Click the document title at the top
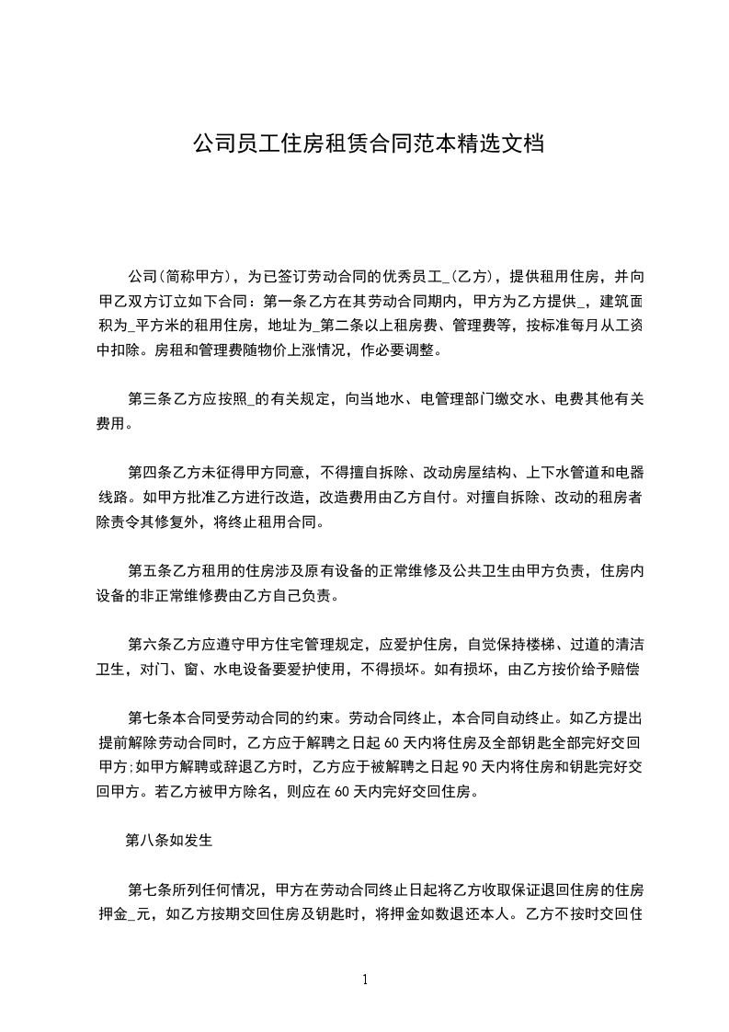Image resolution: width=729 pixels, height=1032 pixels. (x=364, y=144)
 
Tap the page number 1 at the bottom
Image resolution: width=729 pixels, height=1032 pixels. (x=365, y=980)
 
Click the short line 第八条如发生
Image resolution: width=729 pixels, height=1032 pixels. (x=169, y=840)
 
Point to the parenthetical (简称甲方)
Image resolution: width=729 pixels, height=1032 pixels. (x=198, y=277)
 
